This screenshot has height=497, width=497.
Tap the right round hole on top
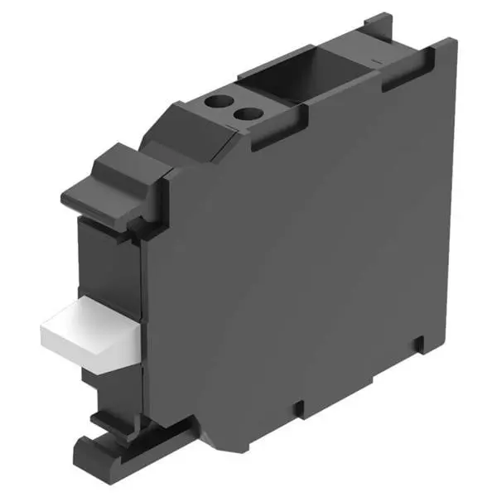tap(244, 113)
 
